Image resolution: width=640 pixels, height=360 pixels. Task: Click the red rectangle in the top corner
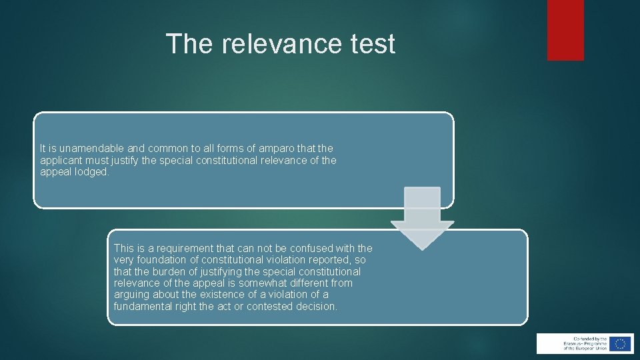click(x=565, y=30)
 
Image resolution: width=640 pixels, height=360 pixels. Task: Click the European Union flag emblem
click(x=619, y=343)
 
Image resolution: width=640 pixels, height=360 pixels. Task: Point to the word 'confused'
click(x=311, y=249)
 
